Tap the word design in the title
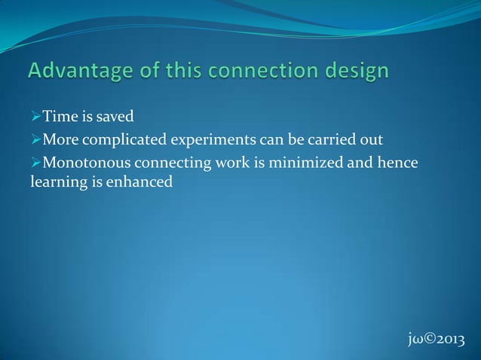coord(357,73)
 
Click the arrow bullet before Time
coord(35,118)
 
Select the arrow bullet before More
coord(35,140)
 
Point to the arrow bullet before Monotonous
coord(35,162)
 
